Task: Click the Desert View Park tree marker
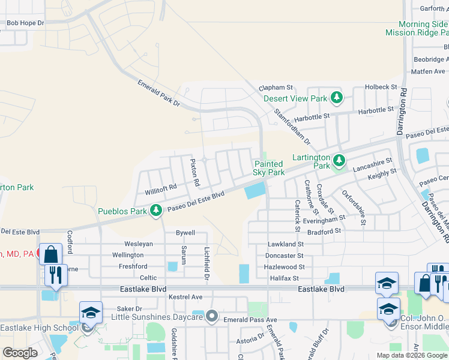point(337,97)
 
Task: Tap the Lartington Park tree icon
point(340,160)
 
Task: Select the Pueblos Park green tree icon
point(156,211)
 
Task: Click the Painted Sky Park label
point(268,168)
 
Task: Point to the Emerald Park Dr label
point(158,94)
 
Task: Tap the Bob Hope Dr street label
point(25,23)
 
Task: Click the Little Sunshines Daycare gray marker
point(211,316)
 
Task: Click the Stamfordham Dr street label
point(292,127)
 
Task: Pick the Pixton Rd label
point(193,171)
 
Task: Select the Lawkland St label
point(286,244)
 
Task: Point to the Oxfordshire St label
point(354,208)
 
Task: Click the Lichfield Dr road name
point(206,264)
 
